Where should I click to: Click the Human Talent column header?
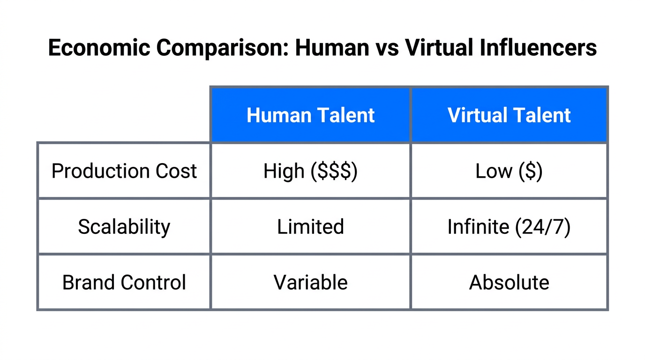click(310, 115)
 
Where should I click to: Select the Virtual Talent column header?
click(509, 115)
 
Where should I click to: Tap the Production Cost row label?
click(124, 171)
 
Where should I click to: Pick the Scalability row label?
click(124, 227)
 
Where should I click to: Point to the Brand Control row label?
click(124, 283)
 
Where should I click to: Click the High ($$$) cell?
click(310, 171)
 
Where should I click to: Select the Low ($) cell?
click(509, 171)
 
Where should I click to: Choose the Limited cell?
click(310, 227)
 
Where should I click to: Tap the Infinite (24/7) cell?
click(509, 227)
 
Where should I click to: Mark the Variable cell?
click(310, 283)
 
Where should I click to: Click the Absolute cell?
click(509, 283)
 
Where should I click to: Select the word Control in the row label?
click(153, 283)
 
